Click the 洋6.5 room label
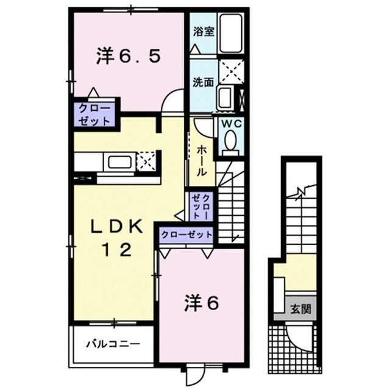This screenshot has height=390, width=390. pyautogui.click(x=128, y=57)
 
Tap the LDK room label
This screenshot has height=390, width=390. pyautogui.click(x=117, y=227)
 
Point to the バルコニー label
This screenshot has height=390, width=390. pyautogui.click(x=112, y=344)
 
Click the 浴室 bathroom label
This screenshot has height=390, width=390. pyautogui.click(x=204, y=32)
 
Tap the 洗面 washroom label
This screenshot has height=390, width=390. pyautogui.click(x=204, y=82)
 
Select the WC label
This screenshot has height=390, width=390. pyautogui.click(x=231, y=122)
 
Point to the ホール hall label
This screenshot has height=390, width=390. pyautogui.click(x=202, y=160)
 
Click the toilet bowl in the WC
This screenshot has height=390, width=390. pyautogui.click(x=231, y=141)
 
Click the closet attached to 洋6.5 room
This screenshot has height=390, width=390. pyautogui.click(x=94, y=114)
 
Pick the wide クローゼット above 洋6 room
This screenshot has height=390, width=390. pyautogui.click(x=187, y=234)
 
